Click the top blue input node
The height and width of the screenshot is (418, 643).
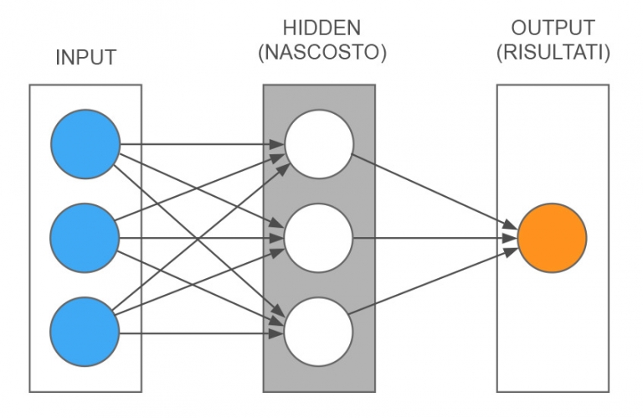85,144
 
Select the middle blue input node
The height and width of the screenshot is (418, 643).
85,238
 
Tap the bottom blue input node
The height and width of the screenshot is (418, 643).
85,332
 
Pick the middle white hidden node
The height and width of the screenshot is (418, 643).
318,238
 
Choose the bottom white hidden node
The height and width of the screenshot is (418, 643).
318,332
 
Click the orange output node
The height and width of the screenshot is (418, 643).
552,238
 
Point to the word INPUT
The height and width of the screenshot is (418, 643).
85,58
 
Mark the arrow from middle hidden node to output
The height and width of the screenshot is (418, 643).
431,238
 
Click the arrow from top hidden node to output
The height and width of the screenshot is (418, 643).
431,188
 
